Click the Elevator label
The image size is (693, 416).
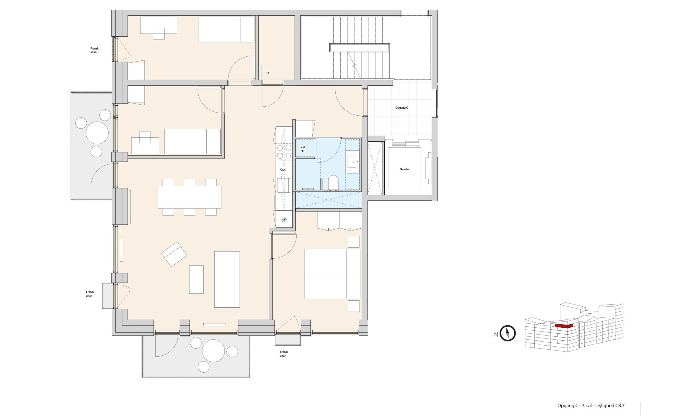404,169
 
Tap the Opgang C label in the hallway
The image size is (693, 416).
401,108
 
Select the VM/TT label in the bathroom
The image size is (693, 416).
303,149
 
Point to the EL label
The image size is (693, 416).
268,73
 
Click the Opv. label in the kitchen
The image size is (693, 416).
283,170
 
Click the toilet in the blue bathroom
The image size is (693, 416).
333,182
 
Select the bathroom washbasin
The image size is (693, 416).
353,162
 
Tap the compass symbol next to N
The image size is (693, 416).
508,333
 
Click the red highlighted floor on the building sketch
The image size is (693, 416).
564,326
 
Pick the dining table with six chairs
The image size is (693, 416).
189,197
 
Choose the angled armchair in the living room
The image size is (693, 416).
174,254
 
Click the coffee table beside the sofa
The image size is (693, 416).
196,279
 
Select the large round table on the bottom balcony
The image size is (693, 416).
213,351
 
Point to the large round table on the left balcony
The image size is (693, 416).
97,133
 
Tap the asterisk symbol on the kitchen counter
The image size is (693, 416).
284,219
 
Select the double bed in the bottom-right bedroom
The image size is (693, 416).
332,274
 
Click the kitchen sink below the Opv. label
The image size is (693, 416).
283,185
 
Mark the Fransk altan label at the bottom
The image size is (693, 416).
284,354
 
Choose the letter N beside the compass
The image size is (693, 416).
496,334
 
